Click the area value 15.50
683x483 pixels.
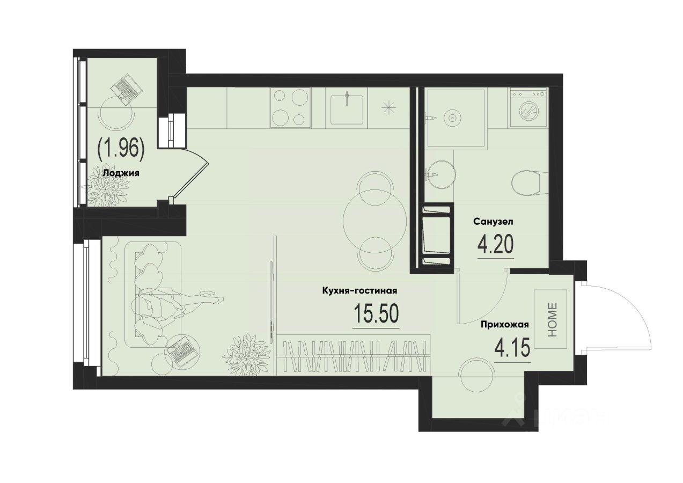376,314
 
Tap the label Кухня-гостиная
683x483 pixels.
359,291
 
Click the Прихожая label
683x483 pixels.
505,324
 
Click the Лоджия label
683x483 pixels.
121,173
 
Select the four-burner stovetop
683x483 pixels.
291,108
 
